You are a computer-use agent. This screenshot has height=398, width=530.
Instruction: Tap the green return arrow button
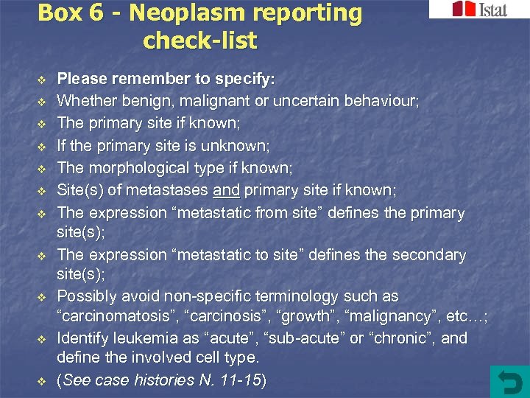pos(509,381)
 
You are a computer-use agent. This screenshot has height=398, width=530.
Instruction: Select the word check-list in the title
pos(199,41)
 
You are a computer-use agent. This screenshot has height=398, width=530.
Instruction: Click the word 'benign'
pos(140,100)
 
